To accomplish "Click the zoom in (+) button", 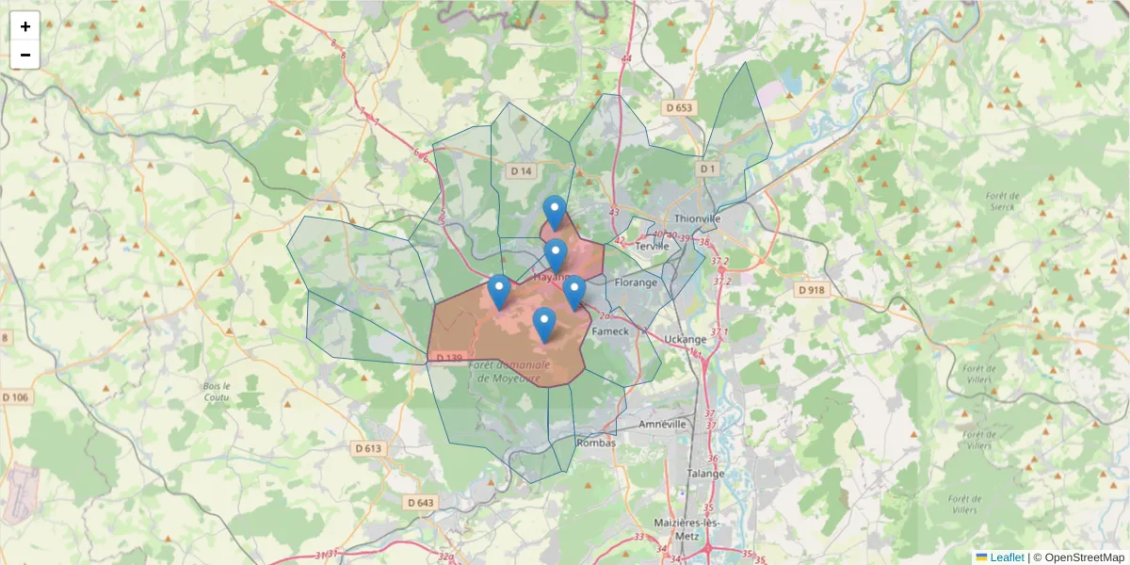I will (x=25, y=26).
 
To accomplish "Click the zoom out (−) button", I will (x=25, y=55).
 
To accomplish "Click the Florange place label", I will (x=636, y=282).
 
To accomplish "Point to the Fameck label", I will (x=609, y=331).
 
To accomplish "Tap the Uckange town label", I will (x=685, y=339).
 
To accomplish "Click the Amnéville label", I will (x=663, y=424).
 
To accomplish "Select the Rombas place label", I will (x=594, y=443).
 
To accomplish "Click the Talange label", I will (x=705, y=473).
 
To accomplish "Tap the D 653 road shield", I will (x=678, y=108).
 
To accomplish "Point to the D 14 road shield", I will (x=521, y=170).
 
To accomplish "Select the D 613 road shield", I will (x=369, y=448).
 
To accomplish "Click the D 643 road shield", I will (x=421, y=503).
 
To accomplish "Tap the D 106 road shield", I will (x=15, y=397).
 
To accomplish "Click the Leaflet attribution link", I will (x=1006, y=557).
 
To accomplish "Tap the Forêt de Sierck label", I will (x=998, y=202).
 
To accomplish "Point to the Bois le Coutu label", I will (x=217, y=392).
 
